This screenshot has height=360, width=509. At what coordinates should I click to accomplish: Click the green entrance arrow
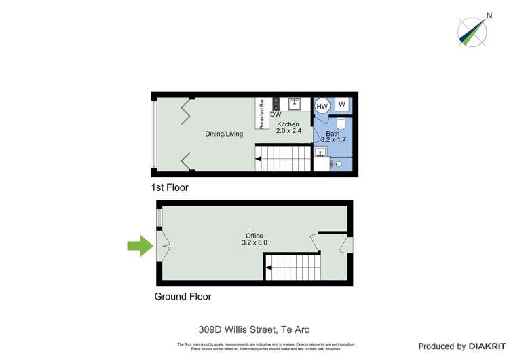pos(140,246)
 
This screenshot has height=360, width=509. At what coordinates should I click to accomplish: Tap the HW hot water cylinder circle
pos(322,106)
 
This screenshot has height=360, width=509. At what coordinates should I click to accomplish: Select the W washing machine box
pos(342,105)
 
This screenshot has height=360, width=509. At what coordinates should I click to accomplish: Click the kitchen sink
pos(295,104)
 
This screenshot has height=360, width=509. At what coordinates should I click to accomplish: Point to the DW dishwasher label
pos(276,115)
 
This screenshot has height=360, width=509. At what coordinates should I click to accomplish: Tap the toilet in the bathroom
pos(341,123)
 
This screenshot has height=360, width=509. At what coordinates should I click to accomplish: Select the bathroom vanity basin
pos(321,151)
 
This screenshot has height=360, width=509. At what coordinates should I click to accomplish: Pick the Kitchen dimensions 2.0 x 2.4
pos(288,131)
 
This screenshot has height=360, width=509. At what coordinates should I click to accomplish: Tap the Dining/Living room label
pos(224,134)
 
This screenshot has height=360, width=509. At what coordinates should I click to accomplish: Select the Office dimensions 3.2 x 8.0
pos(254,242)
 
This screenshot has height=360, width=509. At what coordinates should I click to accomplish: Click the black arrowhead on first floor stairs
pos(259,160)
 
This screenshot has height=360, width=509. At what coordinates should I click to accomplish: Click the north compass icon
pos(472,31)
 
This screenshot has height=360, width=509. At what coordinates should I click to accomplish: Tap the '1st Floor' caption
pos(170,187)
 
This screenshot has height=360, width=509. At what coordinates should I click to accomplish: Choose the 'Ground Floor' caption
pos(183,297)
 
